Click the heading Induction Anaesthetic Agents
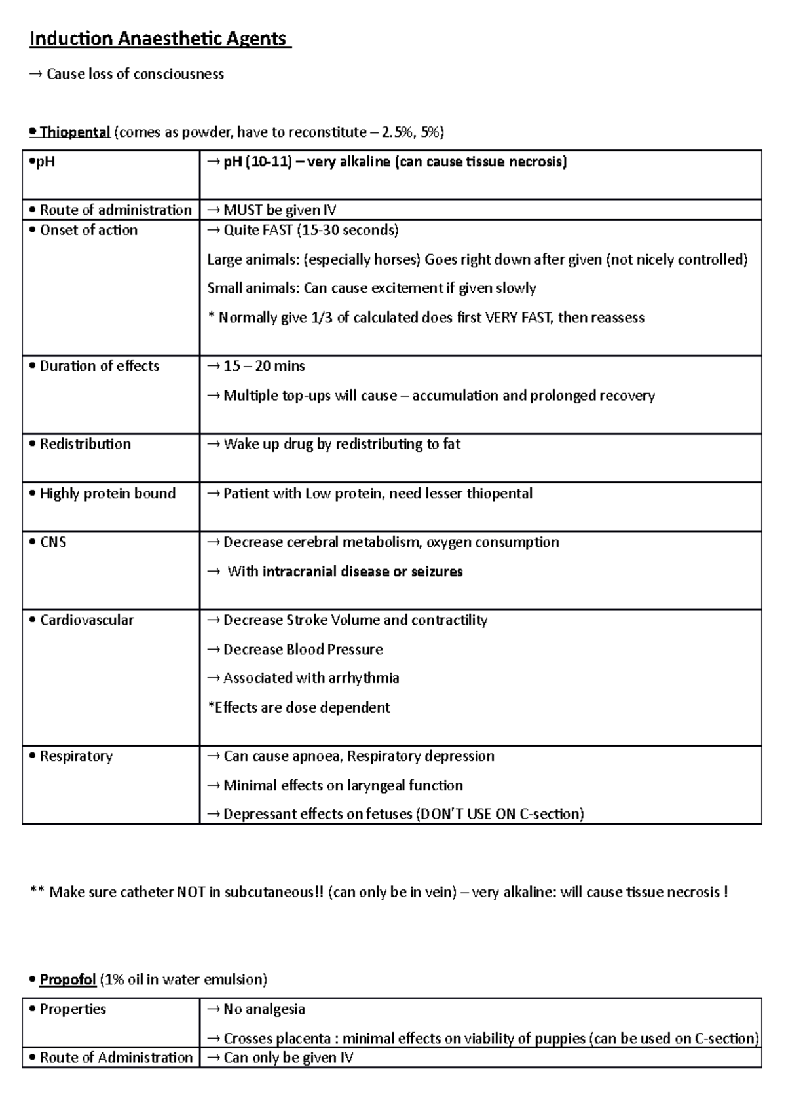pyautogui.click(x=158, y=39)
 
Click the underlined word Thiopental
pyautogui.click(x=75, y=132)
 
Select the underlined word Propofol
pyautogui.click(x=67, y=980)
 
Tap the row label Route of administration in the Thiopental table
pyautogui.click(x=115, y=210)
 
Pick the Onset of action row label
pyautogui.click(x=88, y=230)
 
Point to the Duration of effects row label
pyautogui.click(x=99, y=366)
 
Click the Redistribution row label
pyautogui.click(x=85, y=444)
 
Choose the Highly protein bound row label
pyautogui.click(x=107, y=494)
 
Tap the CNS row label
pyautogui.click(x=52, y=542)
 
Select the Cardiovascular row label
pyautogui.click(x=86, y=620)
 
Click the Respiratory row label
pyautogui.click(x=76, y=756)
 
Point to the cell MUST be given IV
pyautogui.click(x=280, y=210)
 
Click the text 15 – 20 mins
pyautogui.click(x=264, y=366)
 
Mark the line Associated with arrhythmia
pyautogui.click(x=310, y=678)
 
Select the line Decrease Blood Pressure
pyautogui.click(x=303, y=650)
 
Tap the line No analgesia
pyautogui.click(x=264, y=1009)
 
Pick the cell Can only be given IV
pyautogui.click(x=288, y=1058)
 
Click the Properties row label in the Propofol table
pyautogui.click(x=72, y=1009)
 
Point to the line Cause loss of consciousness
pyautogui.click(x=134, y=74)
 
